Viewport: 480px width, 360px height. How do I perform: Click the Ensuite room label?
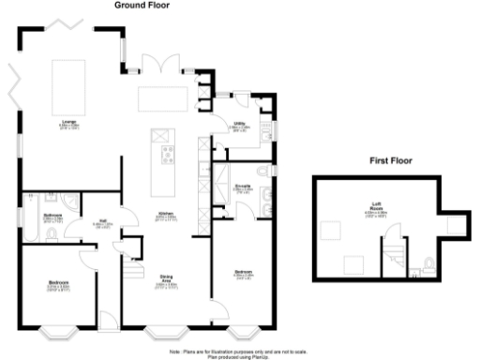click(x=239, y=185)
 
